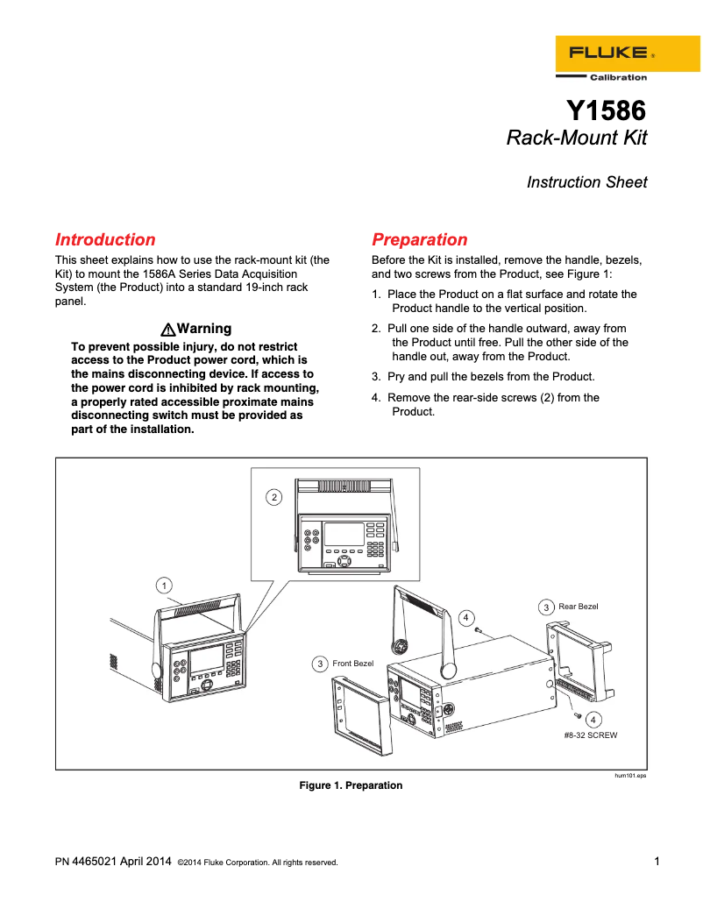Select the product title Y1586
click(606, 110)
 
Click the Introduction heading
click(105, 239)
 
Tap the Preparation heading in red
click(420, 239)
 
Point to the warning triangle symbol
click(167, 330)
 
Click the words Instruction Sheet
click(586, 182)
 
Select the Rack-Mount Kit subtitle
click(577, 138)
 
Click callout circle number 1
click(163, 585)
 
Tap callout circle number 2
click(274, 497)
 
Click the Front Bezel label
click(352, 664)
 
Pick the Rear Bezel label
click(578, 606)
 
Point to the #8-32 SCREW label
click(591, 735)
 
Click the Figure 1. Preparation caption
click(351, 785)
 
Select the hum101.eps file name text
click(629, 776)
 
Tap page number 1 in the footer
click(657, 861)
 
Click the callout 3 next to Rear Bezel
click(545, 607)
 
